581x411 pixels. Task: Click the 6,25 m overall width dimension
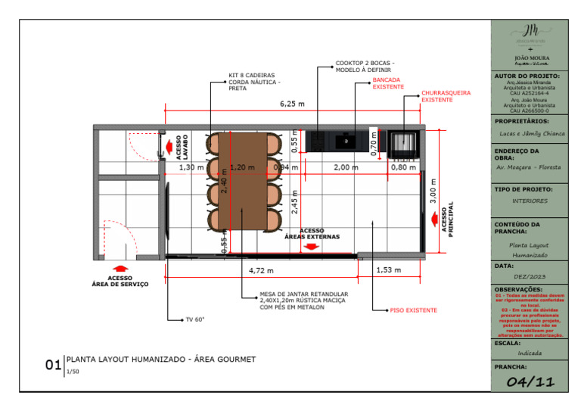click(x=292, y=104)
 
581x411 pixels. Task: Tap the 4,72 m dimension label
click(x=261, y=269)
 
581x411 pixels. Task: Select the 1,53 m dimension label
click(x=388, y=269)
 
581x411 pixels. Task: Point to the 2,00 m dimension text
click(x=346, y=167)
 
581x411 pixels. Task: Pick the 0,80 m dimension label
click(x=403, y=167)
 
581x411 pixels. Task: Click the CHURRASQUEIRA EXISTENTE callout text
click(x=446, y=96)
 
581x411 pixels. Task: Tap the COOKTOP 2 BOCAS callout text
click(x=365, y=66)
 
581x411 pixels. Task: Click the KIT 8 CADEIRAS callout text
click(x=254, y=81)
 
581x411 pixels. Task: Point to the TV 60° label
click(x=194, y=320)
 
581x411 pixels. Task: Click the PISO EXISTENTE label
click(x=413, y=310)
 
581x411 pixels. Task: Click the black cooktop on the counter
click(x=345, y=140)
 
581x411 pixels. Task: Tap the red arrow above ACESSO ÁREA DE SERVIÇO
click(x=120, y=268)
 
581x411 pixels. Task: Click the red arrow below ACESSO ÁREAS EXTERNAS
click(x=311, y=247)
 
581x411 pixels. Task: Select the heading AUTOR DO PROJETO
click(x=527, y=76)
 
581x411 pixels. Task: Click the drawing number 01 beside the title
click(x=53, y=366)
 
